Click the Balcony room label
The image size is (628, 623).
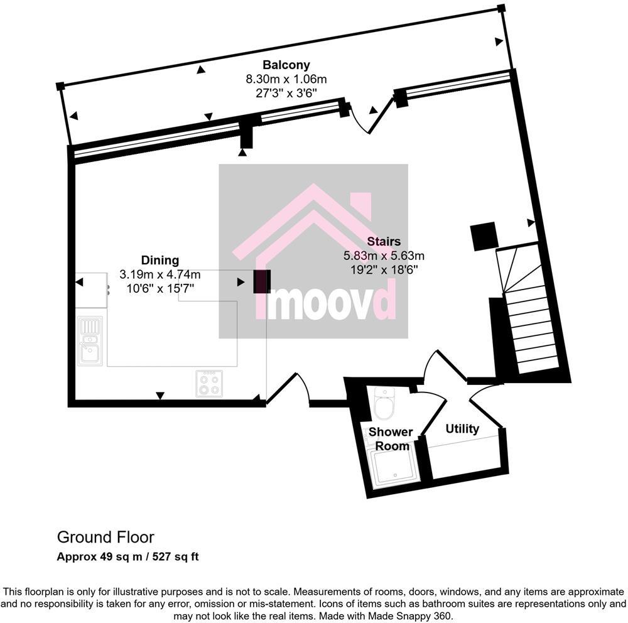pyautogui.click(x=286, y=65)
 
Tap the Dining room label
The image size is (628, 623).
pyautogui.click(x=160, y=260)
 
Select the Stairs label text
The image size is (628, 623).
pyautogui.click(x=384, y=241)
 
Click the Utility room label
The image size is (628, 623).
pyautogui.click(x=462, y=429)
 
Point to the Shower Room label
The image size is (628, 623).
pyautogui.click(x=390, y=439)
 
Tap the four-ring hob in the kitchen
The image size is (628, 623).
pyautogui.click(x=209, y=382)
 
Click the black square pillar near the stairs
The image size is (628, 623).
pyautogui.click(x=484, y=236)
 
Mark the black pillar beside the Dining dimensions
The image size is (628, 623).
pyautogui.click(x=262, y=281)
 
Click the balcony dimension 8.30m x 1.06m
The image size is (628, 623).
pyautogui.click(x=286, y=79)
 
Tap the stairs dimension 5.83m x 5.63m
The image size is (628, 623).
pyautogui.click(x=384, y=256)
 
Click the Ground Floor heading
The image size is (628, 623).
pyautogui.click(x=106, y=538)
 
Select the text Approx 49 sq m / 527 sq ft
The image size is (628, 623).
pyautogui.click(x=128, y=556)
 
